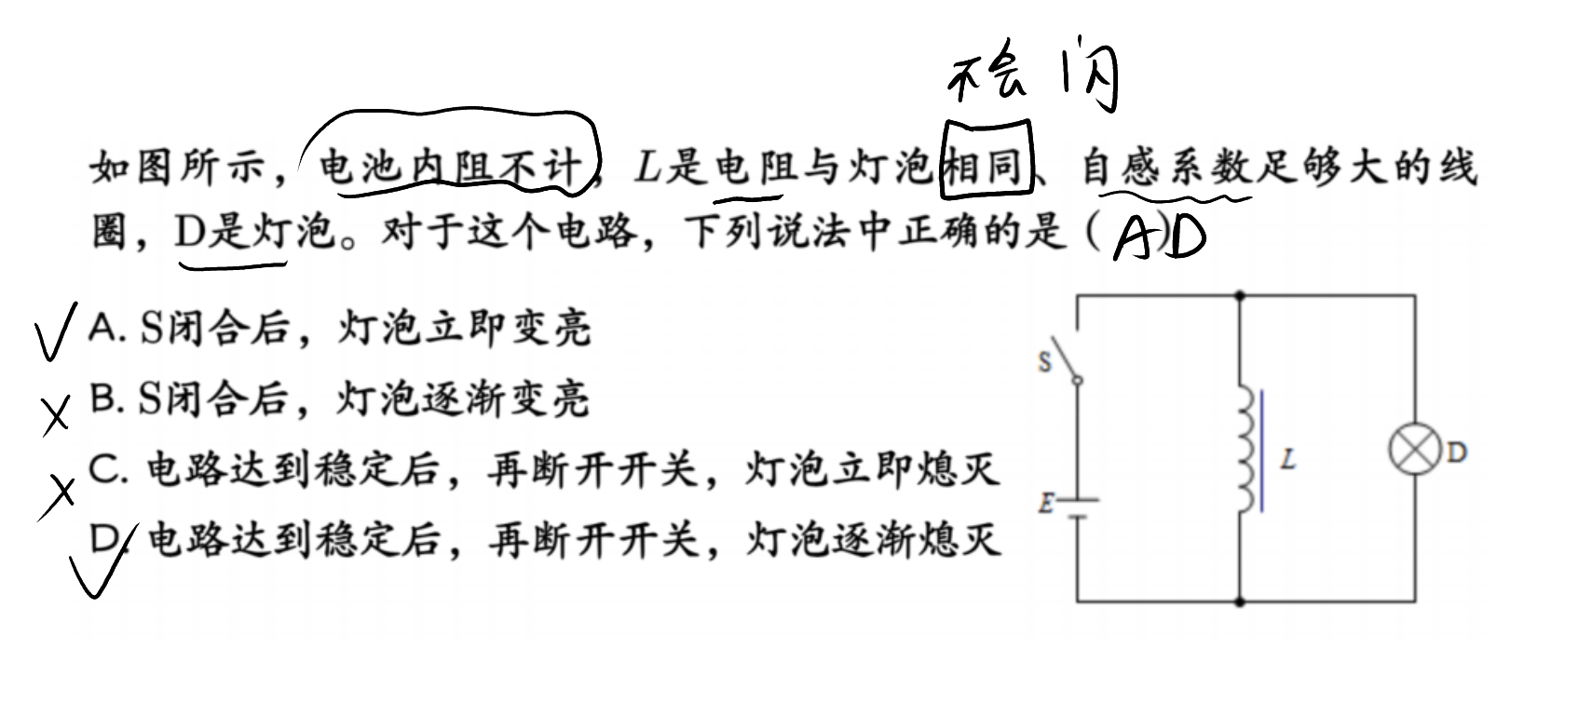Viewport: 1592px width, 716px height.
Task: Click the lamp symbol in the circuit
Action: pos(1414,450)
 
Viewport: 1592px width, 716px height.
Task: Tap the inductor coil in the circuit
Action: pos(1247,449)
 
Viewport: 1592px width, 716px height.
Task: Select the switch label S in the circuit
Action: pos(1044,362)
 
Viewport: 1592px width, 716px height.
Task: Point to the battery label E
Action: pos(1045,503)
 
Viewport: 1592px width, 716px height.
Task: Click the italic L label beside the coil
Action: pos(1287,459)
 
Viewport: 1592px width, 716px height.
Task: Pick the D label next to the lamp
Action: pos(1457,453)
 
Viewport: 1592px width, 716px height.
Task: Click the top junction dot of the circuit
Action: pos(1240,295)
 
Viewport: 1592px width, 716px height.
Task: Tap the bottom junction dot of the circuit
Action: pos(1240,602)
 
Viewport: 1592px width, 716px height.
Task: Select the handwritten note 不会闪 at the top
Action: pos(1034,74)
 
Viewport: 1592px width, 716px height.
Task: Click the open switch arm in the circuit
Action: pos(1066,358)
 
